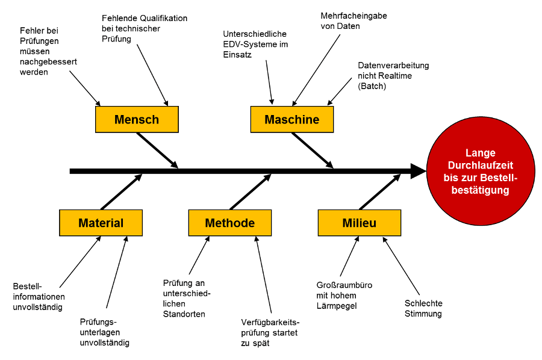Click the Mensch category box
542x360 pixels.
(137, 119)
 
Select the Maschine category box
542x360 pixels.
(292, 119)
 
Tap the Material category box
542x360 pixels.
(101, 223)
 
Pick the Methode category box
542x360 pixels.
(230, 223)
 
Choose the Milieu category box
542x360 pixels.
(359, 223)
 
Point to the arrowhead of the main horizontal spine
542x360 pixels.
(418, 171)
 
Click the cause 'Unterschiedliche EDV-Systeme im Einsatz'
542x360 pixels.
(255, 44)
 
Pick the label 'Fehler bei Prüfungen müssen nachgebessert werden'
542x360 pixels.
(48, 51)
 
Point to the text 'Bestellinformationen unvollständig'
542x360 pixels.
(39, 296)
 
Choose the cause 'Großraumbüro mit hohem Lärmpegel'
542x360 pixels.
(344, 295)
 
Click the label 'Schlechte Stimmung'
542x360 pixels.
(423, 308)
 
